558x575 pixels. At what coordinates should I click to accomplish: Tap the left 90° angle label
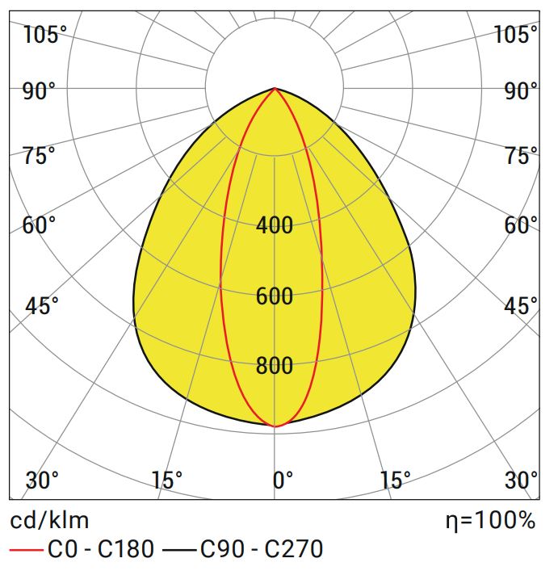tap(40, 90)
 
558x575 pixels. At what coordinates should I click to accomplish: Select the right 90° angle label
tap(521, 90)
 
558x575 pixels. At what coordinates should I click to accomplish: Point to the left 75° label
tap(40, 156)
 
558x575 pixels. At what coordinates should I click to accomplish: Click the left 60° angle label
tap(40, 225)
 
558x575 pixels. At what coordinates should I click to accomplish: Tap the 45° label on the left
tap(42, 306)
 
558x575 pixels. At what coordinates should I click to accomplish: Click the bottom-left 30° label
tap(42, 481)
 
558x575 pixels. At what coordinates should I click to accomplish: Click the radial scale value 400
tap(275, 225)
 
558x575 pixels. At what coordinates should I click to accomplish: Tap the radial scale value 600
tap(275, 296)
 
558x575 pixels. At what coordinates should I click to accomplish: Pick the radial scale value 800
tap(275, 367)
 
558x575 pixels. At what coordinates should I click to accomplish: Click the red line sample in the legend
tap(25, 551)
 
